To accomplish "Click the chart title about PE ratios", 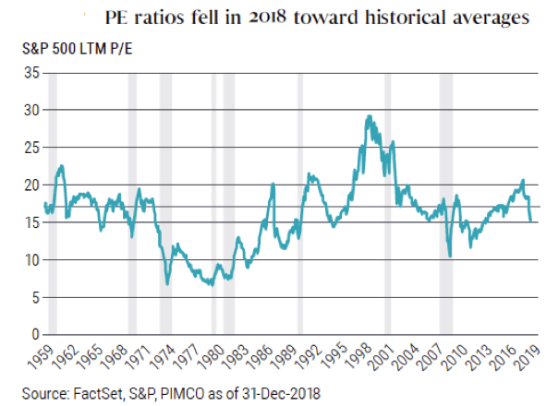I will click(319, 17).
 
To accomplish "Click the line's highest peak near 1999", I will click(369, 116).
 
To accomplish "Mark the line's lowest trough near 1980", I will click(212, 285).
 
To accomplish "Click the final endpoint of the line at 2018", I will click(531, 221).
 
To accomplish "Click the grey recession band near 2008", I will click(445, 203).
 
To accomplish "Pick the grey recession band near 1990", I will click(299, 203).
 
